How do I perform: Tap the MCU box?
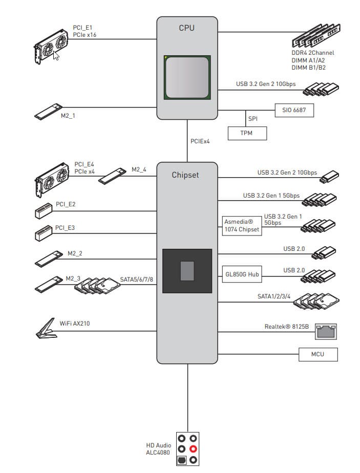click(318, 354)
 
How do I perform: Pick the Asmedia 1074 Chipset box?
click(242, 226)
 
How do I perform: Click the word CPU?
click(186, 28)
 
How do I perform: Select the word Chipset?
click(185, 175)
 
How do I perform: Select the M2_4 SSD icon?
click(112, 175)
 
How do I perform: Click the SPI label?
click(253, 118)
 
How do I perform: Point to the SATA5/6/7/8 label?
click(137, 279)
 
